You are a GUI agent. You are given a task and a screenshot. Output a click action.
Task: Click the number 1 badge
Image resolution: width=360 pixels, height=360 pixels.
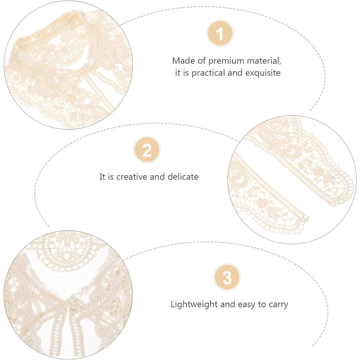(220, 33)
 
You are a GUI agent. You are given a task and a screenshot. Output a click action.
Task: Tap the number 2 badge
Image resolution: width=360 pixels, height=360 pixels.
(147, 150)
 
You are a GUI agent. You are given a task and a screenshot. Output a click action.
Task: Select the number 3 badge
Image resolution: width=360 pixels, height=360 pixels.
(227, 277)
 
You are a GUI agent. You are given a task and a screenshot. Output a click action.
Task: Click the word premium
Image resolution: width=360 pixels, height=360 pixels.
(226, 61)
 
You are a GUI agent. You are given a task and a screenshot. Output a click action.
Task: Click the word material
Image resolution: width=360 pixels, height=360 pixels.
(264, 61)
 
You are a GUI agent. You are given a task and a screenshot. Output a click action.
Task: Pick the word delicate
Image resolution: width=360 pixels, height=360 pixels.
(183, 177)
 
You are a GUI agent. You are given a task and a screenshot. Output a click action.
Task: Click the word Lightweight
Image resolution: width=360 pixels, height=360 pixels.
(194, 304)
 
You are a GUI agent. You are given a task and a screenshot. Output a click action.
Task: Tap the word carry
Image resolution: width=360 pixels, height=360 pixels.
(278, 305)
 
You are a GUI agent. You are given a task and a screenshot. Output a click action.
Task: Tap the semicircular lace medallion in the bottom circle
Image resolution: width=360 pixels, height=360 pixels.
(66, 250)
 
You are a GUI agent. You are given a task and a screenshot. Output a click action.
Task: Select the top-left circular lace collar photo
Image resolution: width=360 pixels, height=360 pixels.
(68, 65)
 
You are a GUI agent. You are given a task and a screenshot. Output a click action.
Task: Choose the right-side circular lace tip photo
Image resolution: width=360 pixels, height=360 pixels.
(292, 180)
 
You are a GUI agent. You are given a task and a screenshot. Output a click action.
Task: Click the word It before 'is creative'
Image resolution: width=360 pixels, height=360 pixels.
(103, 177)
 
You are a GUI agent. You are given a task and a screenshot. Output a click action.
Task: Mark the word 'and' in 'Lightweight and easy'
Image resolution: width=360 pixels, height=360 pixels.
(228, 304)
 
